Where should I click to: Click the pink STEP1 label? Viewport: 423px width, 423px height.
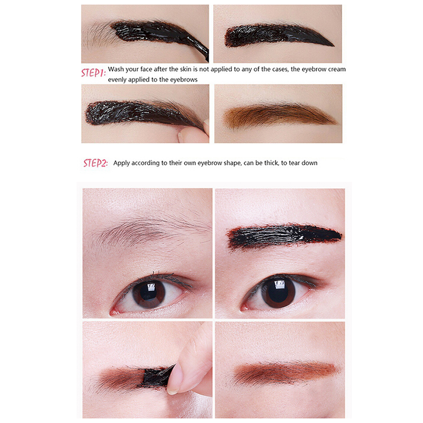click(x=94, y=73)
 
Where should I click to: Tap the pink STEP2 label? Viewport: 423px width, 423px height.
click(x=95, y=163)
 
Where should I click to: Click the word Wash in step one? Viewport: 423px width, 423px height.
click(x=116, y=69)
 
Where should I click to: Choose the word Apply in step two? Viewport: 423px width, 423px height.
click(x=122, y=163)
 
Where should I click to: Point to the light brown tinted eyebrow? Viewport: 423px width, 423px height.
click(x=280, y=115)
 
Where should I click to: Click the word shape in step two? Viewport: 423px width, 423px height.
click(x=233, y=163)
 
